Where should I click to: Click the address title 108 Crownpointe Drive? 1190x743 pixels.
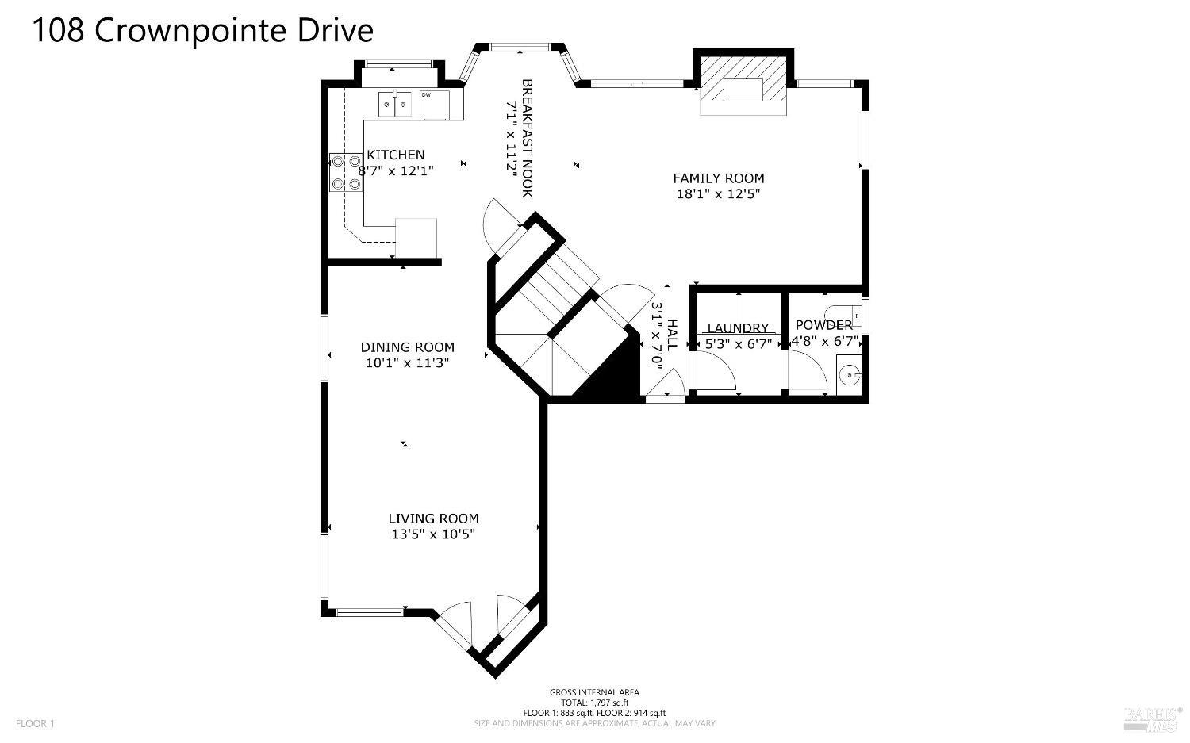coord(202,31)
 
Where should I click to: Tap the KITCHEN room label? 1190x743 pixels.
coord(395,155)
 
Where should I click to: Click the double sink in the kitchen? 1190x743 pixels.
coord(395,103)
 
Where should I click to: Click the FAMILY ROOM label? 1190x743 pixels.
coord(719,179)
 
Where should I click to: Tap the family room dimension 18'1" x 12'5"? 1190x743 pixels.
coord(719,194)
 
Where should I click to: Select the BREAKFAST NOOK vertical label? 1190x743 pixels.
coord(527,138)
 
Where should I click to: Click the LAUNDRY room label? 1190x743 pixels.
coord(738,328)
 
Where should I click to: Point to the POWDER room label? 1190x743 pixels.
coord(823,325)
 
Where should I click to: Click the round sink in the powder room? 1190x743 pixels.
coord(850,373)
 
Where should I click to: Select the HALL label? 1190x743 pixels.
coord(672,335)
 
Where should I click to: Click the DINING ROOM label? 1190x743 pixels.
coord(408,347)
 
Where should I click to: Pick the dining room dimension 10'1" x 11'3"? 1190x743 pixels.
coord(408,363)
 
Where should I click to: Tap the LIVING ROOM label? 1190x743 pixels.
coord(433,519)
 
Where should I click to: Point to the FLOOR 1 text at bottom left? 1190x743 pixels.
coord(36,723)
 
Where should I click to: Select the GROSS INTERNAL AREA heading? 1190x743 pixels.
coord(594,692)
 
